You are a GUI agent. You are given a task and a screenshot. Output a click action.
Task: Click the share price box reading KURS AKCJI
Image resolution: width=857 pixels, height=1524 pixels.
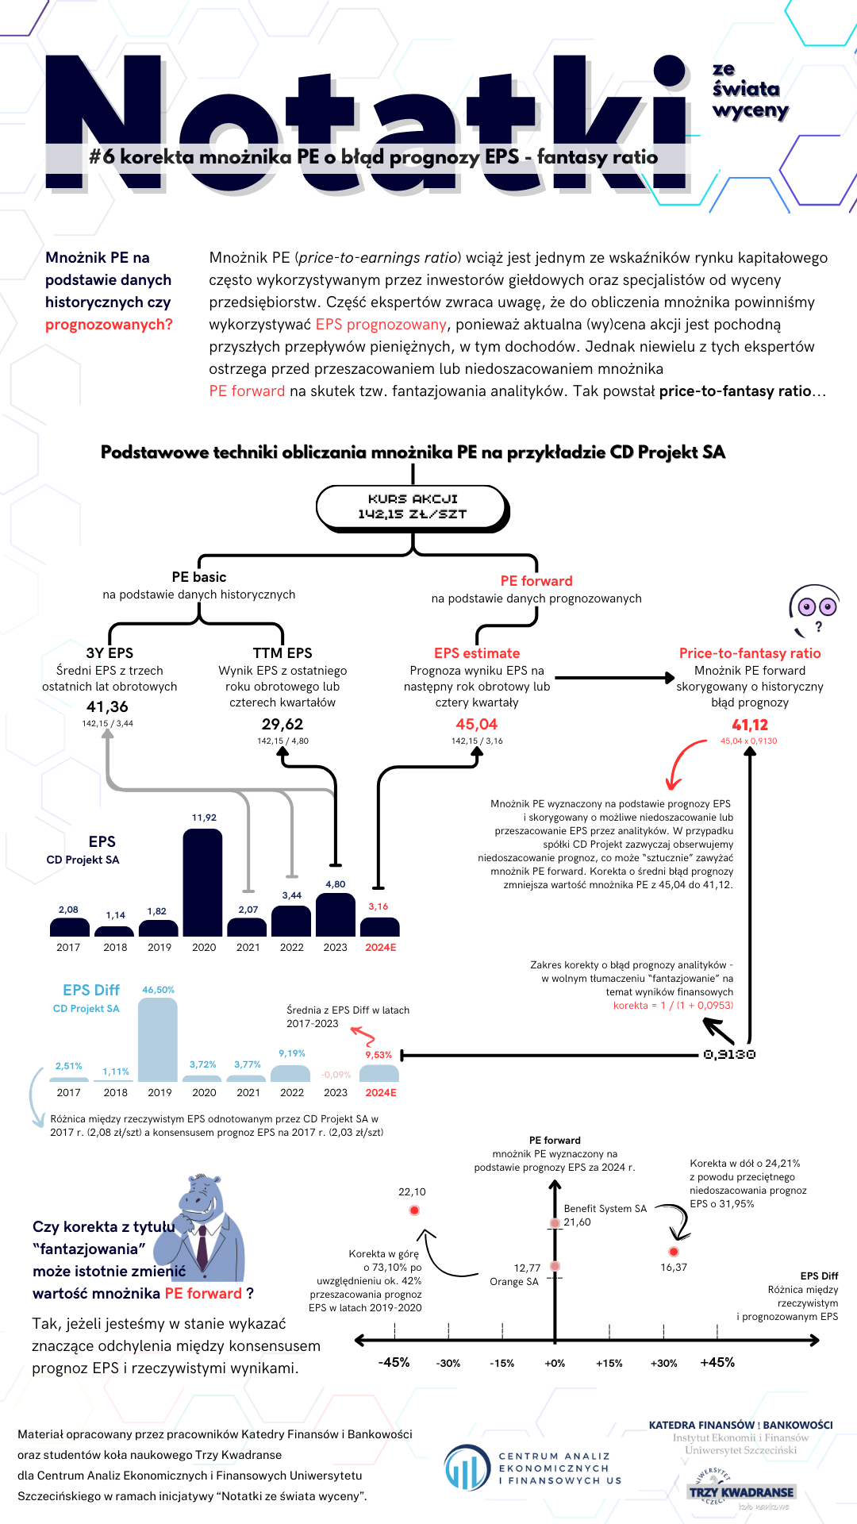click(x=412, y=507)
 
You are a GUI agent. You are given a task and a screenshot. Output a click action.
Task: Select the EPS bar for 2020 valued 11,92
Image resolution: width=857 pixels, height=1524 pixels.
click(x=202, y=883)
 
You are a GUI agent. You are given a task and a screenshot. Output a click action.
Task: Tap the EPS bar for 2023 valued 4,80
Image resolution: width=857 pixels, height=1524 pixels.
click(x=335, y=914)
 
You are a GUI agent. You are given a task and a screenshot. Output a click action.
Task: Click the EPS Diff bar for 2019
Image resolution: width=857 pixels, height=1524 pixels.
click(x=158, y=1040)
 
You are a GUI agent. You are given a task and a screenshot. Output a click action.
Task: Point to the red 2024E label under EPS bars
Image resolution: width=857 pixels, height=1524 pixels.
click(x=381, y=947)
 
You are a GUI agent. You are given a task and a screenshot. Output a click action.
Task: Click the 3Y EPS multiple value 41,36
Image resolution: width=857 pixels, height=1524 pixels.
click(x=107, y=706)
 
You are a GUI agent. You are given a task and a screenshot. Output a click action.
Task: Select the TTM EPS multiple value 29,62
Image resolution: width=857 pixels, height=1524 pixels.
click(x=282, y=724)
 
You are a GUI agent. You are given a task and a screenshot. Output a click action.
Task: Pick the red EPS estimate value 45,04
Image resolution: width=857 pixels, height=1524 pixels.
click(x=477, y=724)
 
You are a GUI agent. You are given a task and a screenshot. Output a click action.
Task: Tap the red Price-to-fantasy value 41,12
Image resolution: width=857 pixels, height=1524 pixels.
click(x=750, y=725)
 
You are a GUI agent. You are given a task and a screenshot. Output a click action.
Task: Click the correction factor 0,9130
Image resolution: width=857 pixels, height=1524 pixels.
click(x=729, y=1055)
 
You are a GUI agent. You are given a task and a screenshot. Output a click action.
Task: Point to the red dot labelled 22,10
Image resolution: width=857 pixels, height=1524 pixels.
click(x=414, y=1210)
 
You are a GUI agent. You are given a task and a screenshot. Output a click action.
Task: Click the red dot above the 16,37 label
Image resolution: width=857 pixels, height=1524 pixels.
click(x=674, y=1252)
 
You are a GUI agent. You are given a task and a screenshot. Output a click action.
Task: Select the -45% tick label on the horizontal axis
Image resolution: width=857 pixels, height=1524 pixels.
click(x=394, y=1362)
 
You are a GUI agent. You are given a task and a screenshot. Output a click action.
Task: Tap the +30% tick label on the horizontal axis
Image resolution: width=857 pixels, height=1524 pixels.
click(x=663, y=1363)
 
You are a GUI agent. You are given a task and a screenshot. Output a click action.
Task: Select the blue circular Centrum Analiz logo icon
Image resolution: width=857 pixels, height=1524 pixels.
click(x=467, y=1468)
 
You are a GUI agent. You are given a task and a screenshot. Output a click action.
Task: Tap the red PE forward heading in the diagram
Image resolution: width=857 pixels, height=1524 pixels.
click(x=536, y=581)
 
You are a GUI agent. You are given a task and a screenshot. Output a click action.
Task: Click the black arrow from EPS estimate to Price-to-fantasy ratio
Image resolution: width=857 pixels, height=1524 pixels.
click(x=616, y=678)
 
